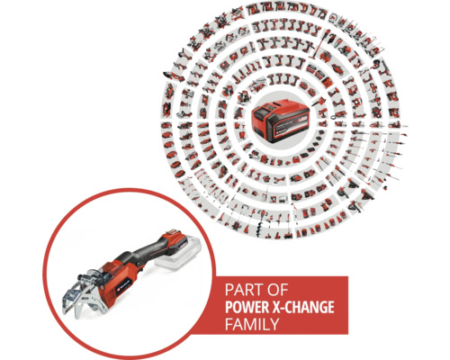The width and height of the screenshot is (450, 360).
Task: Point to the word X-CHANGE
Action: tap(302, 308)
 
